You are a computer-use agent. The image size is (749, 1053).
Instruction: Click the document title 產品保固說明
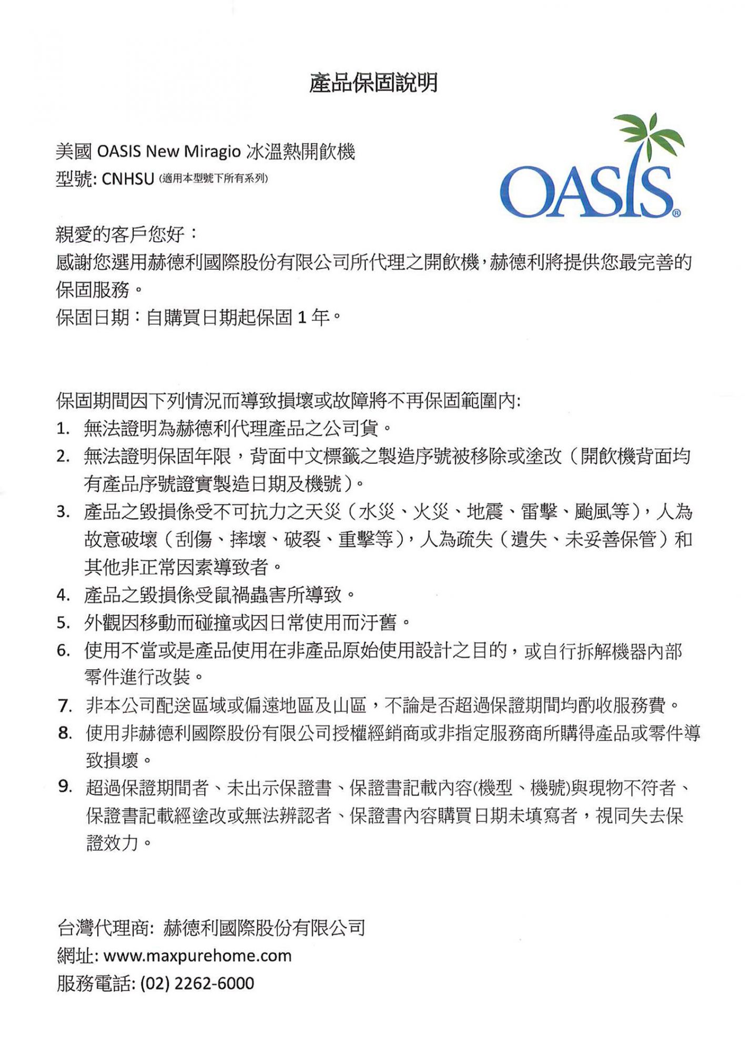pos(373,83)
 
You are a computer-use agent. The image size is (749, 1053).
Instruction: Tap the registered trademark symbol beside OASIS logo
pos(676,213)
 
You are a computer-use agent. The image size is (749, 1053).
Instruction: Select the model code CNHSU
pos(127,179)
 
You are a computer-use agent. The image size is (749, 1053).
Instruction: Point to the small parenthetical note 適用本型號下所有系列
pos(213,178)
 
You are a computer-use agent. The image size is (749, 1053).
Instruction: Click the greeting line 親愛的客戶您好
pos(120,234)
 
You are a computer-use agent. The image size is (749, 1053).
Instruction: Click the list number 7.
pos(64,706)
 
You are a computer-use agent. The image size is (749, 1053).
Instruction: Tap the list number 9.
pos(64,787)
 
